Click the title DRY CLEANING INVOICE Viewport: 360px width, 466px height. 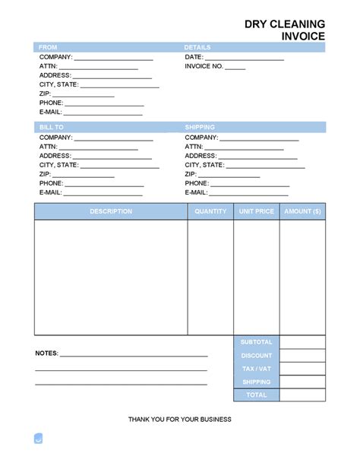click(285, 29)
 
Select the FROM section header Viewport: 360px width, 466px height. click(48, 47)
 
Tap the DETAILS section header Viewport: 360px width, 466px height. click(197, 47)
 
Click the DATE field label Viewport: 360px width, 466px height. click(194, 57)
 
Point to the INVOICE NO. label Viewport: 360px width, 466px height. click(204, 66)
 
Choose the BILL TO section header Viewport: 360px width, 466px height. click(51, 127)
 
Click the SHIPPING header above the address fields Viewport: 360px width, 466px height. click(200, 127)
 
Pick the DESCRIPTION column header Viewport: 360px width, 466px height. click(111, 211)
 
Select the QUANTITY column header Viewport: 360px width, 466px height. click(210, 211)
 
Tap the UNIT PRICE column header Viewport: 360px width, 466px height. click(257, 211)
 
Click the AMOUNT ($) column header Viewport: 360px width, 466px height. click(302, 211)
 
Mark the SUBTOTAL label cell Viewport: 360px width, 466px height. click(257, 342)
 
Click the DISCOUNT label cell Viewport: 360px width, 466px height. click(257, 356)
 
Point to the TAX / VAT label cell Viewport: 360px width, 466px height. click(257, 369)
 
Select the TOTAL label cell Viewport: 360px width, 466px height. click(257, 395)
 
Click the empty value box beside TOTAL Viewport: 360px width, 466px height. click(302, 395)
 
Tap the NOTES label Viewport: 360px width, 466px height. click(46, 354)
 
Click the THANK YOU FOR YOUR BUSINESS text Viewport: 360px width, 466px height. click(180, 420)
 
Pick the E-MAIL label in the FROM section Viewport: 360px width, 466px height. click(50, 112)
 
